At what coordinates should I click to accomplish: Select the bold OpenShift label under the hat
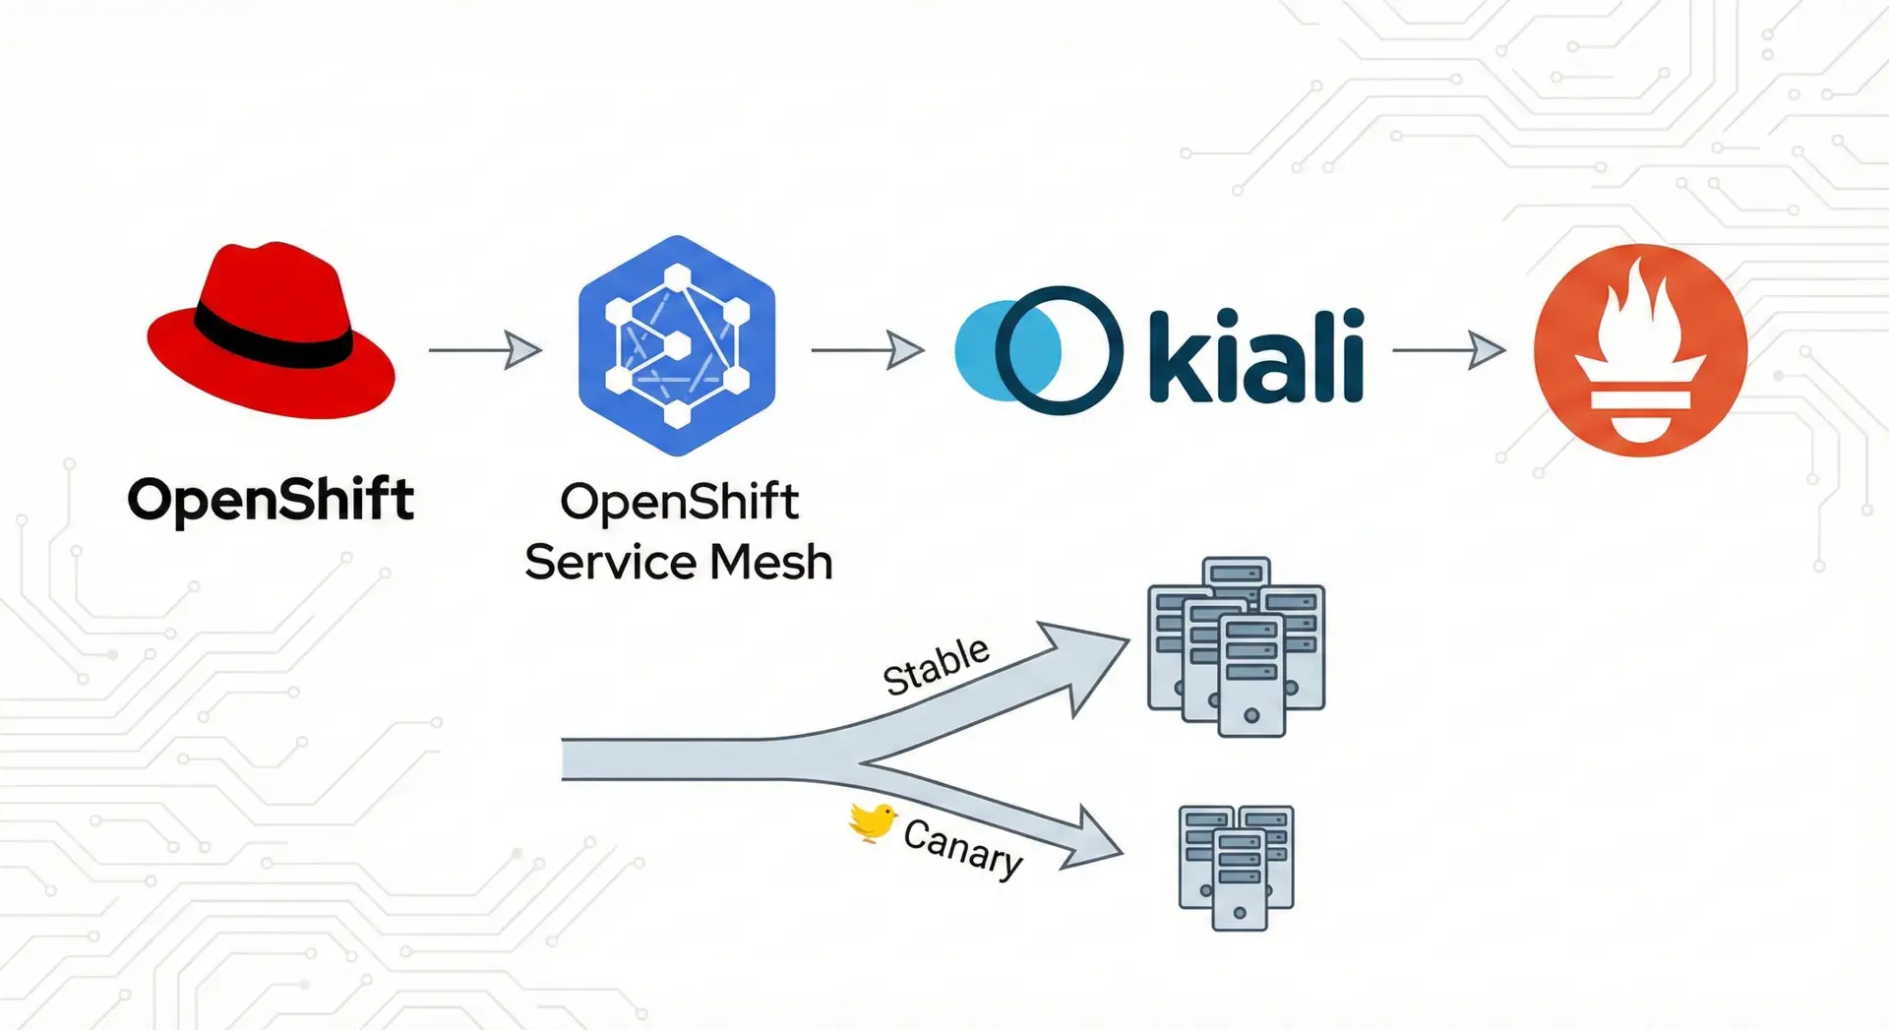[271, 499]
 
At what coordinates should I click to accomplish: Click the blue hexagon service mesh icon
[677, 345]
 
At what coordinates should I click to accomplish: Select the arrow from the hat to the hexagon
[485, 349]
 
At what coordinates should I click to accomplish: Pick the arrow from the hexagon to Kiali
[867, 349]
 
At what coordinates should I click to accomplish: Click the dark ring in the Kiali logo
[1059, 350]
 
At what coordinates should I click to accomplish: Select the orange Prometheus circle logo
[1640, 350]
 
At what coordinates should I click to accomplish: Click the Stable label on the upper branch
[936, 665]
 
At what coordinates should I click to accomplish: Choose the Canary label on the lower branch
[963, 847]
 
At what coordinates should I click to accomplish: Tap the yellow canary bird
[873, 821]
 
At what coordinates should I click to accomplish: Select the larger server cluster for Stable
[1237, 646]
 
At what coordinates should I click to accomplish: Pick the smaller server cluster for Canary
[1237, 867]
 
